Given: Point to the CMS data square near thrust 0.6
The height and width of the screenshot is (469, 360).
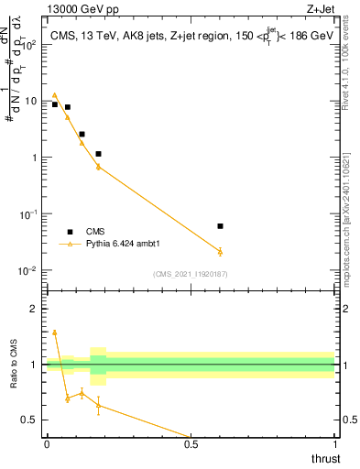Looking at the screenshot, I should (x=220, y=225).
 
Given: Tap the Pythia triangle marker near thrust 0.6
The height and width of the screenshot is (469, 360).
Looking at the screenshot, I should (x=220, y=251).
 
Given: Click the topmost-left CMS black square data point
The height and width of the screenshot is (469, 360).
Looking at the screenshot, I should (x=55, y=104).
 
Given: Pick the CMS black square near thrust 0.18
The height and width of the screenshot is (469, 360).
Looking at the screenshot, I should (x=98, y=154).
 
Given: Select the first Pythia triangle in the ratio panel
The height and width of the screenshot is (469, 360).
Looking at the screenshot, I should (x=55, y=333).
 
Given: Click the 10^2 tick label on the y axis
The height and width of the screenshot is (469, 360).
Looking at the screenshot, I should (x=29, y=44).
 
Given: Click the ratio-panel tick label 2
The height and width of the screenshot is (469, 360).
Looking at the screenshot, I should (x=36, y=309).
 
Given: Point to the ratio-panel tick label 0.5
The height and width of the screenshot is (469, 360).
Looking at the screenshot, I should (x=31, y=420).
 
